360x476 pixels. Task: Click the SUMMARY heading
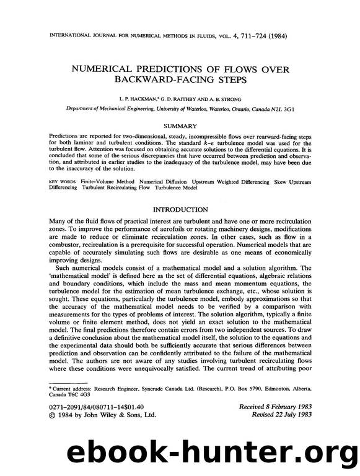[x=180, y=126]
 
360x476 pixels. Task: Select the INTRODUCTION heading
[x=180, y=210]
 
